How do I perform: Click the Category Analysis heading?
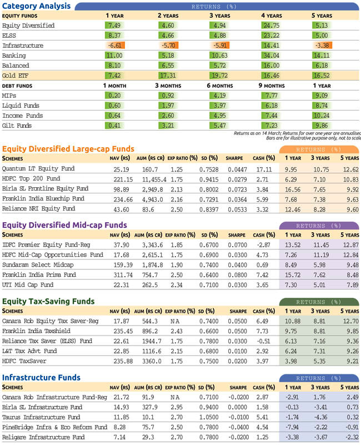[37, 6]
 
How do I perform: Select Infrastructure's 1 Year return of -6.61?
[113, 46]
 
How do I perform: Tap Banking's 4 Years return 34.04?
[270, 56]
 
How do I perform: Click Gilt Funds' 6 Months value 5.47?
[218, 126]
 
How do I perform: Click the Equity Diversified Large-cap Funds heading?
[68, 149]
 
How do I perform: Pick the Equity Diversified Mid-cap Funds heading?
[65, 226]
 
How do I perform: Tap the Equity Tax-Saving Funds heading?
[48, 302]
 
